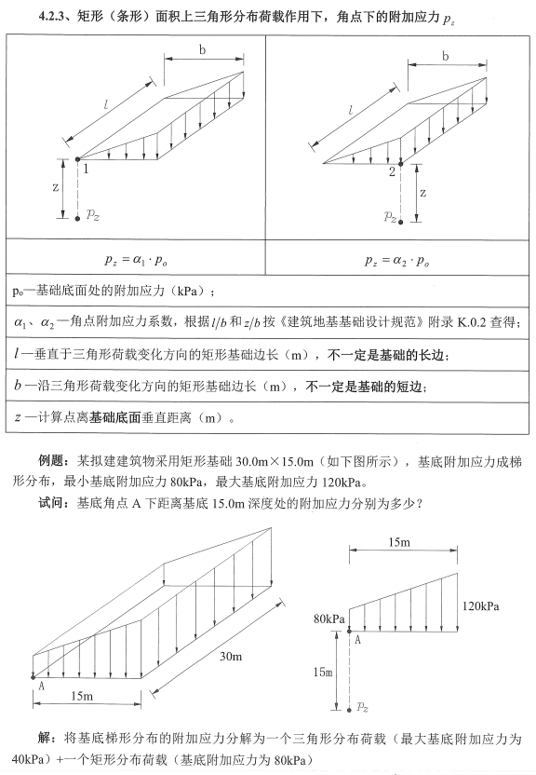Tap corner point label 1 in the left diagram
point(85,169)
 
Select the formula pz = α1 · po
point(136,261)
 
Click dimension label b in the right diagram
point(445,56)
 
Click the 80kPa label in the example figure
point(329,618)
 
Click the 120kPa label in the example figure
point(480,605)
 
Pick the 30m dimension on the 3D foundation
point(231,657)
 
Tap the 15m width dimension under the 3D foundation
point(83,696)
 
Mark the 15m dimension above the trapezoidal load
point(401,541)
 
